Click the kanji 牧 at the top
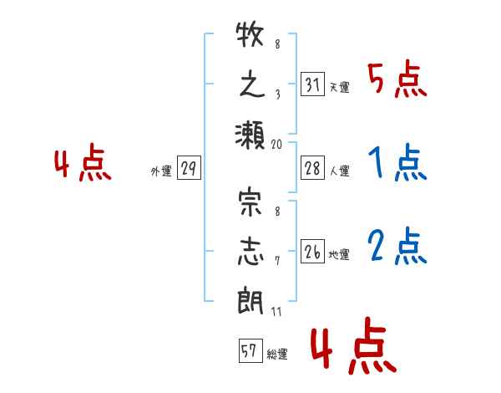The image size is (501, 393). [250, 34]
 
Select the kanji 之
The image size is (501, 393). [252, 85]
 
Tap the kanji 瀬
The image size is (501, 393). [250, 135]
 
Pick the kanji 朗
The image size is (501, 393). [250, 302]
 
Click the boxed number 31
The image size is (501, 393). [312, 84]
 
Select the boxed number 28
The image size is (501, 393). [312, 168]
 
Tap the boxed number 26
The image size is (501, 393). [312, 251]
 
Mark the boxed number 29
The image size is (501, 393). [189, 168]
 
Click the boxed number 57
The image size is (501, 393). [250, 350]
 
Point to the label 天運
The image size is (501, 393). [340, 87]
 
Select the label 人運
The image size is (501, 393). [340, 171]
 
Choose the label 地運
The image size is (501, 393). [339, 254]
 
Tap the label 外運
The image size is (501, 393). [161, 171]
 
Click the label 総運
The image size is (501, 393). [277, 354]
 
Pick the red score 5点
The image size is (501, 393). [397, 79]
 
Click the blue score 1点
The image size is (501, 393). [397, 162]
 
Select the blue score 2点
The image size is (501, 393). [397, 246]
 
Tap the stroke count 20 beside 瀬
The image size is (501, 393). [276, 145]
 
